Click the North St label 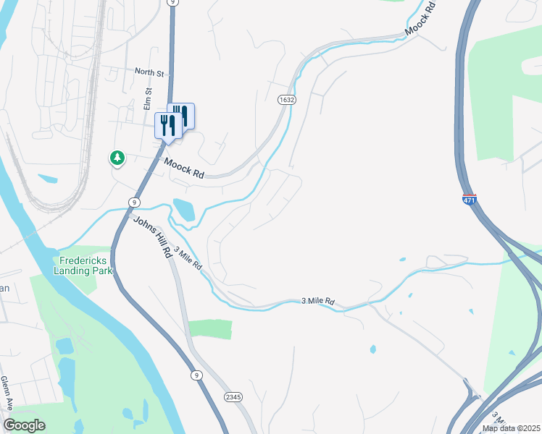pos(151,72)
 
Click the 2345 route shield pos(233,397)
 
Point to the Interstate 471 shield pos(470,198)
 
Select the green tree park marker pos(117,157)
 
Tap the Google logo pos(24,425)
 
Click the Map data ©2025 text pos(512,428)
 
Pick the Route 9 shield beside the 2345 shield pos(196,375)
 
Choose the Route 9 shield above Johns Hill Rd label pos(135,201)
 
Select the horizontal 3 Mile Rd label pos(318,300)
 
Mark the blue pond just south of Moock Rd pos(184,209)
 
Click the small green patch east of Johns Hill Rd pos(210,329)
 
